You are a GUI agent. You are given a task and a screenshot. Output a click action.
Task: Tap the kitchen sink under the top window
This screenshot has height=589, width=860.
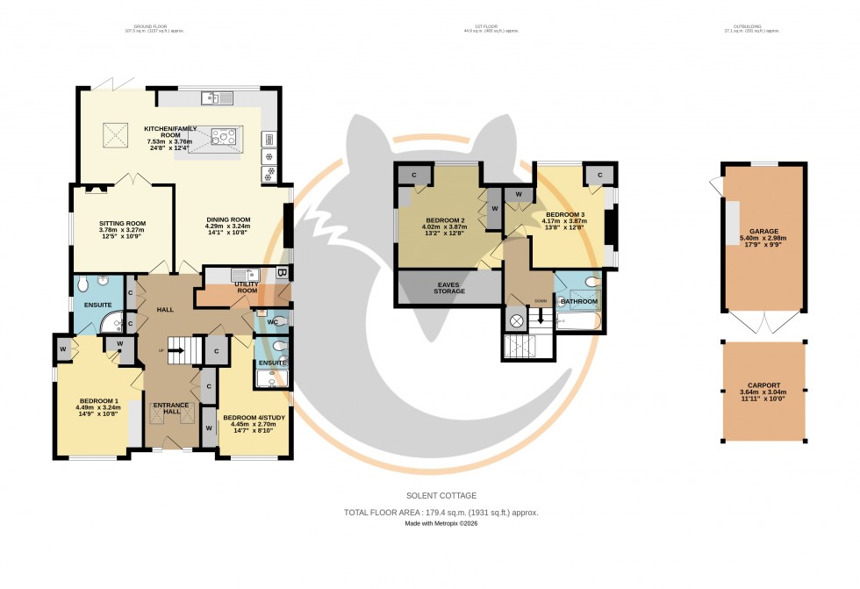(x=216, y=97)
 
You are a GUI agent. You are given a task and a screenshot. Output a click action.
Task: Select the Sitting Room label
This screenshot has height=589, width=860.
(x=122, y=224)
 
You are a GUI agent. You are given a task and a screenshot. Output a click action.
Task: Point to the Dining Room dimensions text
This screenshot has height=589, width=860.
(x=228, y=231)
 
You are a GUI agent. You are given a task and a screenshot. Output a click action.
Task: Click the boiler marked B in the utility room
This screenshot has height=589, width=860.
(x=281, y=273)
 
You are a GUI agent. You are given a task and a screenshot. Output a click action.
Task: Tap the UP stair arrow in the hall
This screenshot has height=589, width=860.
(x=175, y=351)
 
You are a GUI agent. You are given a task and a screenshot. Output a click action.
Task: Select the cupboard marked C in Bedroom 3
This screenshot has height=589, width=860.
(x=599, y=174)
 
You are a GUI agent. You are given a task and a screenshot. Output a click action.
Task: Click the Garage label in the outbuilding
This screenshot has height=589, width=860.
(x=763, y=232)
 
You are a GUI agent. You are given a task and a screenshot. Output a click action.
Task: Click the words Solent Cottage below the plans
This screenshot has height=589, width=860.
(x=441, y=496)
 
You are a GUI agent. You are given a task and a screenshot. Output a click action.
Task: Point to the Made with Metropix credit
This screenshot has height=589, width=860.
(x=441, y=524)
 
